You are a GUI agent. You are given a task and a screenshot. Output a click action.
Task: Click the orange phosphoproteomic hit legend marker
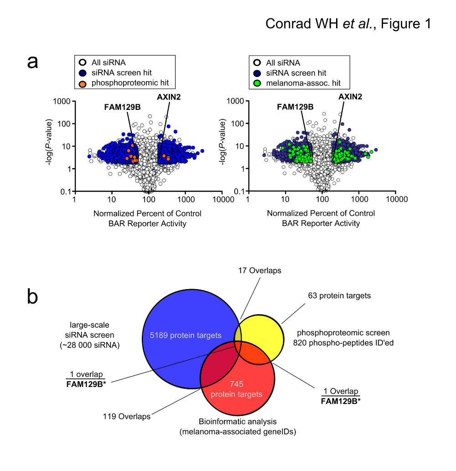[83, 84]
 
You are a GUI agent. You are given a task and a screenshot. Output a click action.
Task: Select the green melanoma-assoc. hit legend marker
[257, 83]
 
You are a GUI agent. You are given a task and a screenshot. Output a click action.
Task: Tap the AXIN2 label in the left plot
[169, 97]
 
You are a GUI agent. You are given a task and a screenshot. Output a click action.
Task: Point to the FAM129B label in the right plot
[295, 107]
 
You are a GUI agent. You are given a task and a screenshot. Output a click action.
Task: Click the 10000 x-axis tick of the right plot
[397, 199]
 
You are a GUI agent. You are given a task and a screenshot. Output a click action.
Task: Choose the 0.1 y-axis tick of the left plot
[65, 192]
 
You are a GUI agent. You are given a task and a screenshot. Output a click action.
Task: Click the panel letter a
[33, 62]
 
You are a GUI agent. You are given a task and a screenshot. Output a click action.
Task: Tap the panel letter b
[32, 296]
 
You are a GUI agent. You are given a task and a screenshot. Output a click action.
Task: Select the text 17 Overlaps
[260, 271]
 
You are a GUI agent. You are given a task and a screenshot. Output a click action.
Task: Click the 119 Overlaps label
[127, 417]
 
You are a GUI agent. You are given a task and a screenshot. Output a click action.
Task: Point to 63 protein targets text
[339, 296]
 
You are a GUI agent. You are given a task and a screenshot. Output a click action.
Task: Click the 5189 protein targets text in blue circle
[186, 336]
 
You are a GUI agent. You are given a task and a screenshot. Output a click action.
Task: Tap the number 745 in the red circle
[236, 384]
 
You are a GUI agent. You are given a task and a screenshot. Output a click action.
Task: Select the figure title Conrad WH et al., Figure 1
[348, 24]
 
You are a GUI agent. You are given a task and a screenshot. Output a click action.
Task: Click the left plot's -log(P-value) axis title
[49, 142]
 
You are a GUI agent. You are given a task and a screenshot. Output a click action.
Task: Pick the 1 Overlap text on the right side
[341, 391]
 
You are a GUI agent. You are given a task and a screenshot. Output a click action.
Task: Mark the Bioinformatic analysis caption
[238, 422]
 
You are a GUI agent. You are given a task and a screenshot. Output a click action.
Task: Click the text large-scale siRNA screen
[89, 330]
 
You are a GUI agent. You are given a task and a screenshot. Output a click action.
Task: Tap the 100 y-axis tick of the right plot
[237, 124]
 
